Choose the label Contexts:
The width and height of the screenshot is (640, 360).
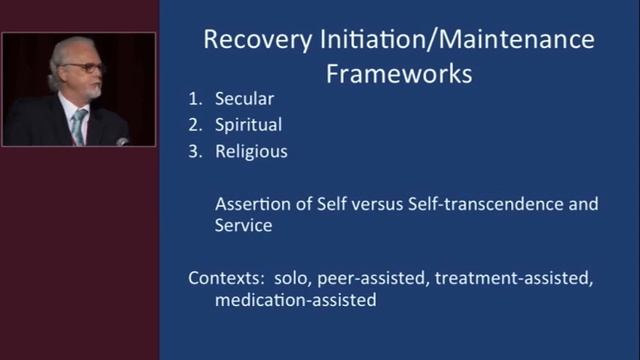click(x=224, y=277)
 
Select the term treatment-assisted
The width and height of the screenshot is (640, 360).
click(x=511, y=277)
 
